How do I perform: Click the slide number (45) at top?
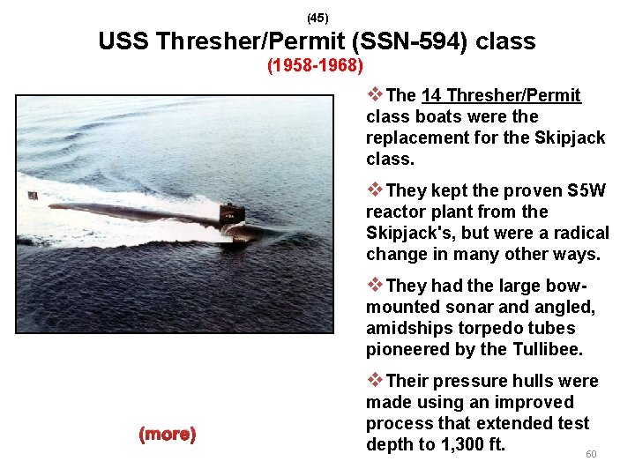(317, 18)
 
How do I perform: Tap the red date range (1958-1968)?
(316, 66)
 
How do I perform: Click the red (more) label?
(168, 435)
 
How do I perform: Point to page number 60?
(591, 454)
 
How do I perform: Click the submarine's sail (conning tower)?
(230, 212)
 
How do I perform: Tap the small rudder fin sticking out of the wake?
(33, 195)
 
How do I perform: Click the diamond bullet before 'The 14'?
(375, 94)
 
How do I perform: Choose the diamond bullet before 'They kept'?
(375, 190)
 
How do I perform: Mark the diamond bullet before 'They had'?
(375, 285)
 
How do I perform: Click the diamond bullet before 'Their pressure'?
(375, 380)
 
